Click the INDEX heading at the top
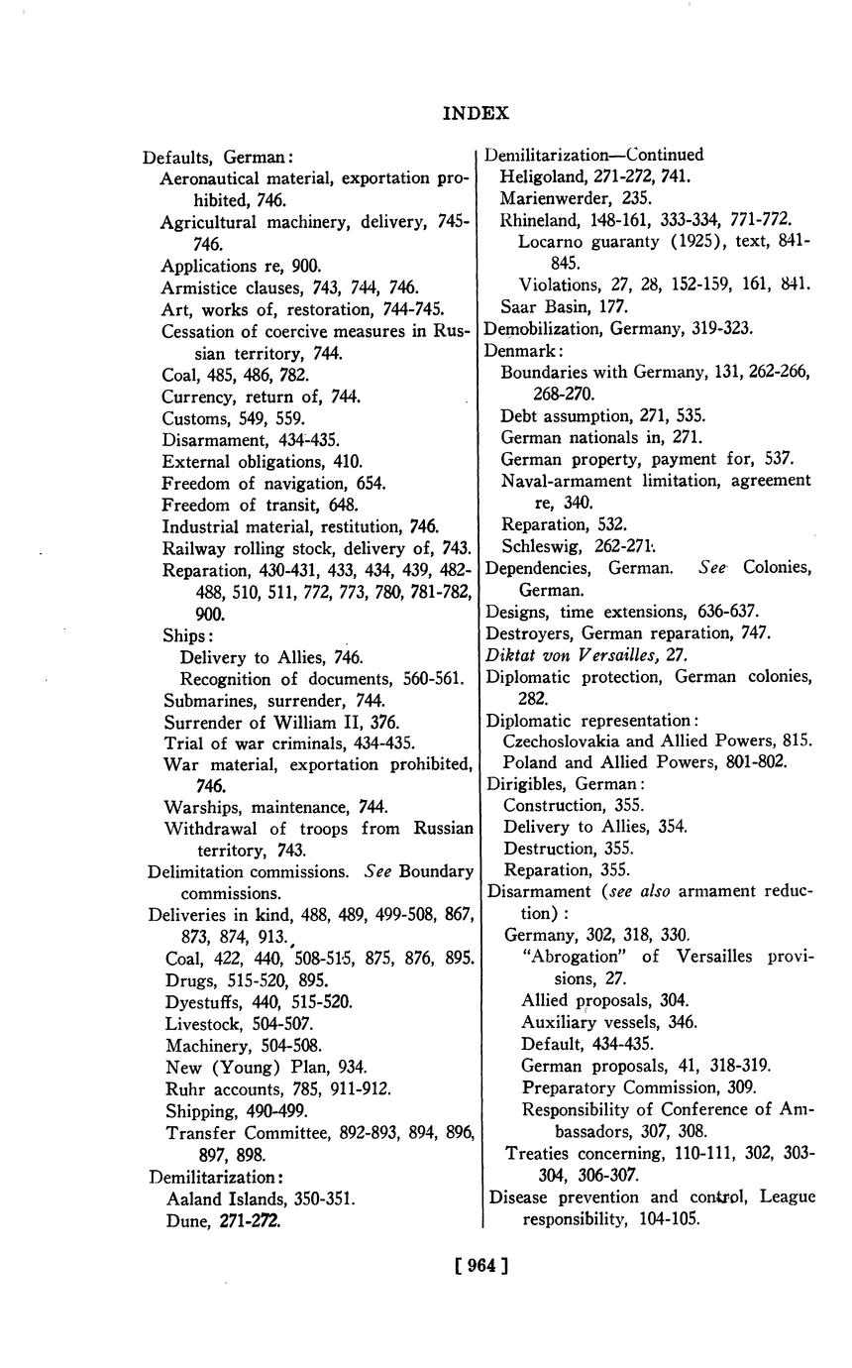pos(476,113)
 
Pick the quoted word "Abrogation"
pos(572,957)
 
